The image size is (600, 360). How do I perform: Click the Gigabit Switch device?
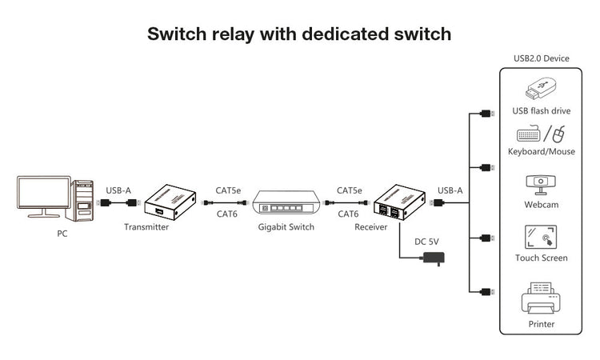tap(286, 204)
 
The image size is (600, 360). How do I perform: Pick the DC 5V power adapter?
tap(434, 258)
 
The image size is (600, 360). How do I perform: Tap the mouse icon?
tap(560, 134)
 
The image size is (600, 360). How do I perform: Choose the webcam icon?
tap(540, 184)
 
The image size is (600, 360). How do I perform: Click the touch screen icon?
tap(541, 237)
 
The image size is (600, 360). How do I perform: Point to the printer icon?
tap(540, 301)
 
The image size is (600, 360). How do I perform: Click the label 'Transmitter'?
tap(146, 227)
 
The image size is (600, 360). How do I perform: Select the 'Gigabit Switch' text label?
tap(286, 227)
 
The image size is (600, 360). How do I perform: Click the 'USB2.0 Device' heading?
tap(541, 58)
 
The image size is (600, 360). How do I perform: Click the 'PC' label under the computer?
tap(62, 234)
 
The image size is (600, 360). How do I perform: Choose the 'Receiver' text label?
tap(371, 227)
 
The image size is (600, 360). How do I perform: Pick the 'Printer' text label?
tap(541, 324)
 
